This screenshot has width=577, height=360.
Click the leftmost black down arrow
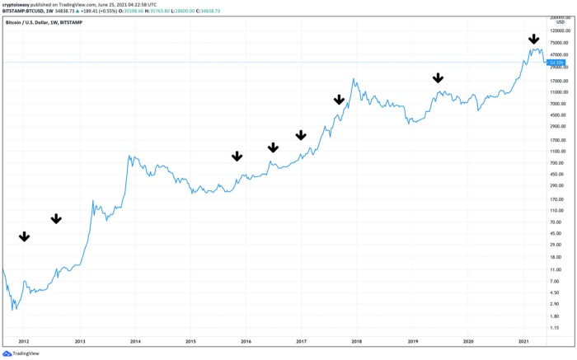(x=24, y=236)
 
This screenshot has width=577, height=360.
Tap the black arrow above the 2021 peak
(x=533, y=39)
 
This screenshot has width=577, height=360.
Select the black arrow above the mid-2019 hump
(x=438, y=78)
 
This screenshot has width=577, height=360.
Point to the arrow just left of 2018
(x=339, y=100)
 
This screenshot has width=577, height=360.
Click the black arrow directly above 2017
(x=301, y=135)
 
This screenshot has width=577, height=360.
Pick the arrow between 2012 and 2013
(x=56, y=218)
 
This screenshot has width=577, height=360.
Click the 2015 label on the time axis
(x=190, y=340)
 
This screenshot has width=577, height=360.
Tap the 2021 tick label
(x=523, y=340)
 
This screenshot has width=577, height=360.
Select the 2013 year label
(x=80, y=340)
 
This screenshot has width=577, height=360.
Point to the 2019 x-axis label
(x=413, y=340)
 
